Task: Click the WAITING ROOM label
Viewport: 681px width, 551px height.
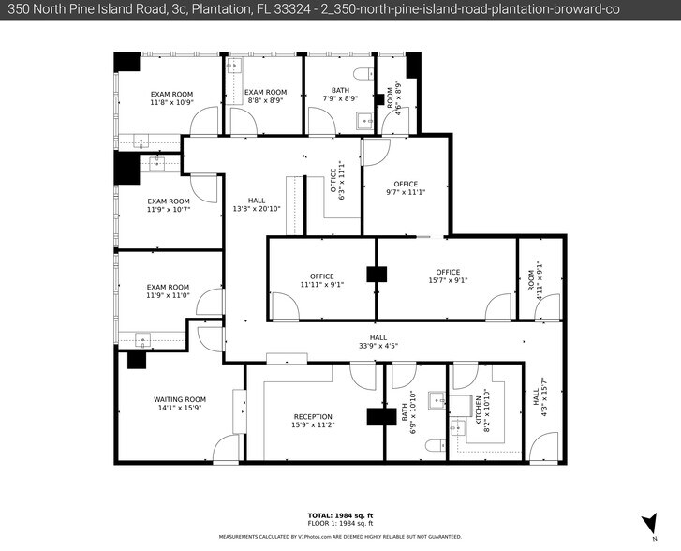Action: click(x=180, y=399)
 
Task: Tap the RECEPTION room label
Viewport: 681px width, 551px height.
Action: click(x=313, y=417)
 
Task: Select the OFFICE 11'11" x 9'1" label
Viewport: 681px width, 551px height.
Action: click(x=322, y=276)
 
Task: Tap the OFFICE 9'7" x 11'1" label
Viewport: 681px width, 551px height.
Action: click(x=405, y=184)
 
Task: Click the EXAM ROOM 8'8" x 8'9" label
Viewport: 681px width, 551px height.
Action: click(x=265, y=93)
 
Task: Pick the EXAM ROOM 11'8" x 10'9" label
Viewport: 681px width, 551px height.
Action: click(x=171, y=94)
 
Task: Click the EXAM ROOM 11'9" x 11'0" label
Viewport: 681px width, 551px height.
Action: click(x=168, y=288)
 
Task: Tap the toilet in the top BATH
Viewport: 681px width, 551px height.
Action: click(x=361, y=74)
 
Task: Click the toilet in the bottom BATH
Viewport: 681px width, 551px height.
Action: click(x=433, y=445)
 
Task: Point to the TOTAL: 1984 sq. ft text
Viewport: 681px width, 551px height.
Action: click(x=340, y=515)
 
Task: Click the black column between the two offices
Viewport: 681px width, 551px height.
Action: click(x=377, y=275)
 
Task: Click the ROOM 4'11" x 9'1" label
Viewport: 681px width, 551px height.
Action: click(x=531, y=278)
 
